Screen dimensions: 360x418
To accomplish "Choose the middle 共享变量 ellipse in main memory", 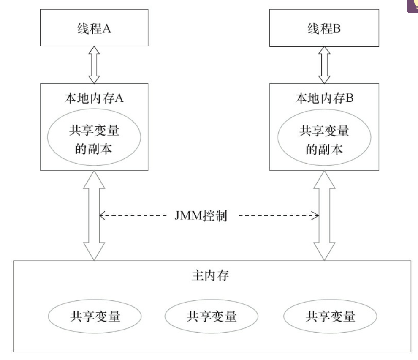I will pyautogui.click(x=211, y=316).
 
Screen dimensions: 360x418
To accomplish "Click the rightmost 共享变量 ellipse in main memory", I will pyautogui.click(x=330, y=316).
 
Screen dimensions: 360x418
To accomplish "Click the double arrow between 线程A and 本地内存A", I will pyautogui.click(x=94, y=65).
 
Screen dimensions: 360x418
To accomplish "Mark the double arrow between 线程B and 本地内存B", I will pyautogui.click(x=324, y=65).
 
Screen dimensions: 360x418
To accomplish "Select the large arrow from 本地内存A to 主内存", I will pyautogui.click(x=94, y=215).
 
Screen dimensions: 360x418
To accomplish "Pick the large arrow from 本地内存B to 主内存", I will pyautogui.click(x=324, y=215).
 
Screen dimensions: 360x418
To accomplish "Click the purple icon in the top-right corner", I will pyautogui.click(x=413, y=6).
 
